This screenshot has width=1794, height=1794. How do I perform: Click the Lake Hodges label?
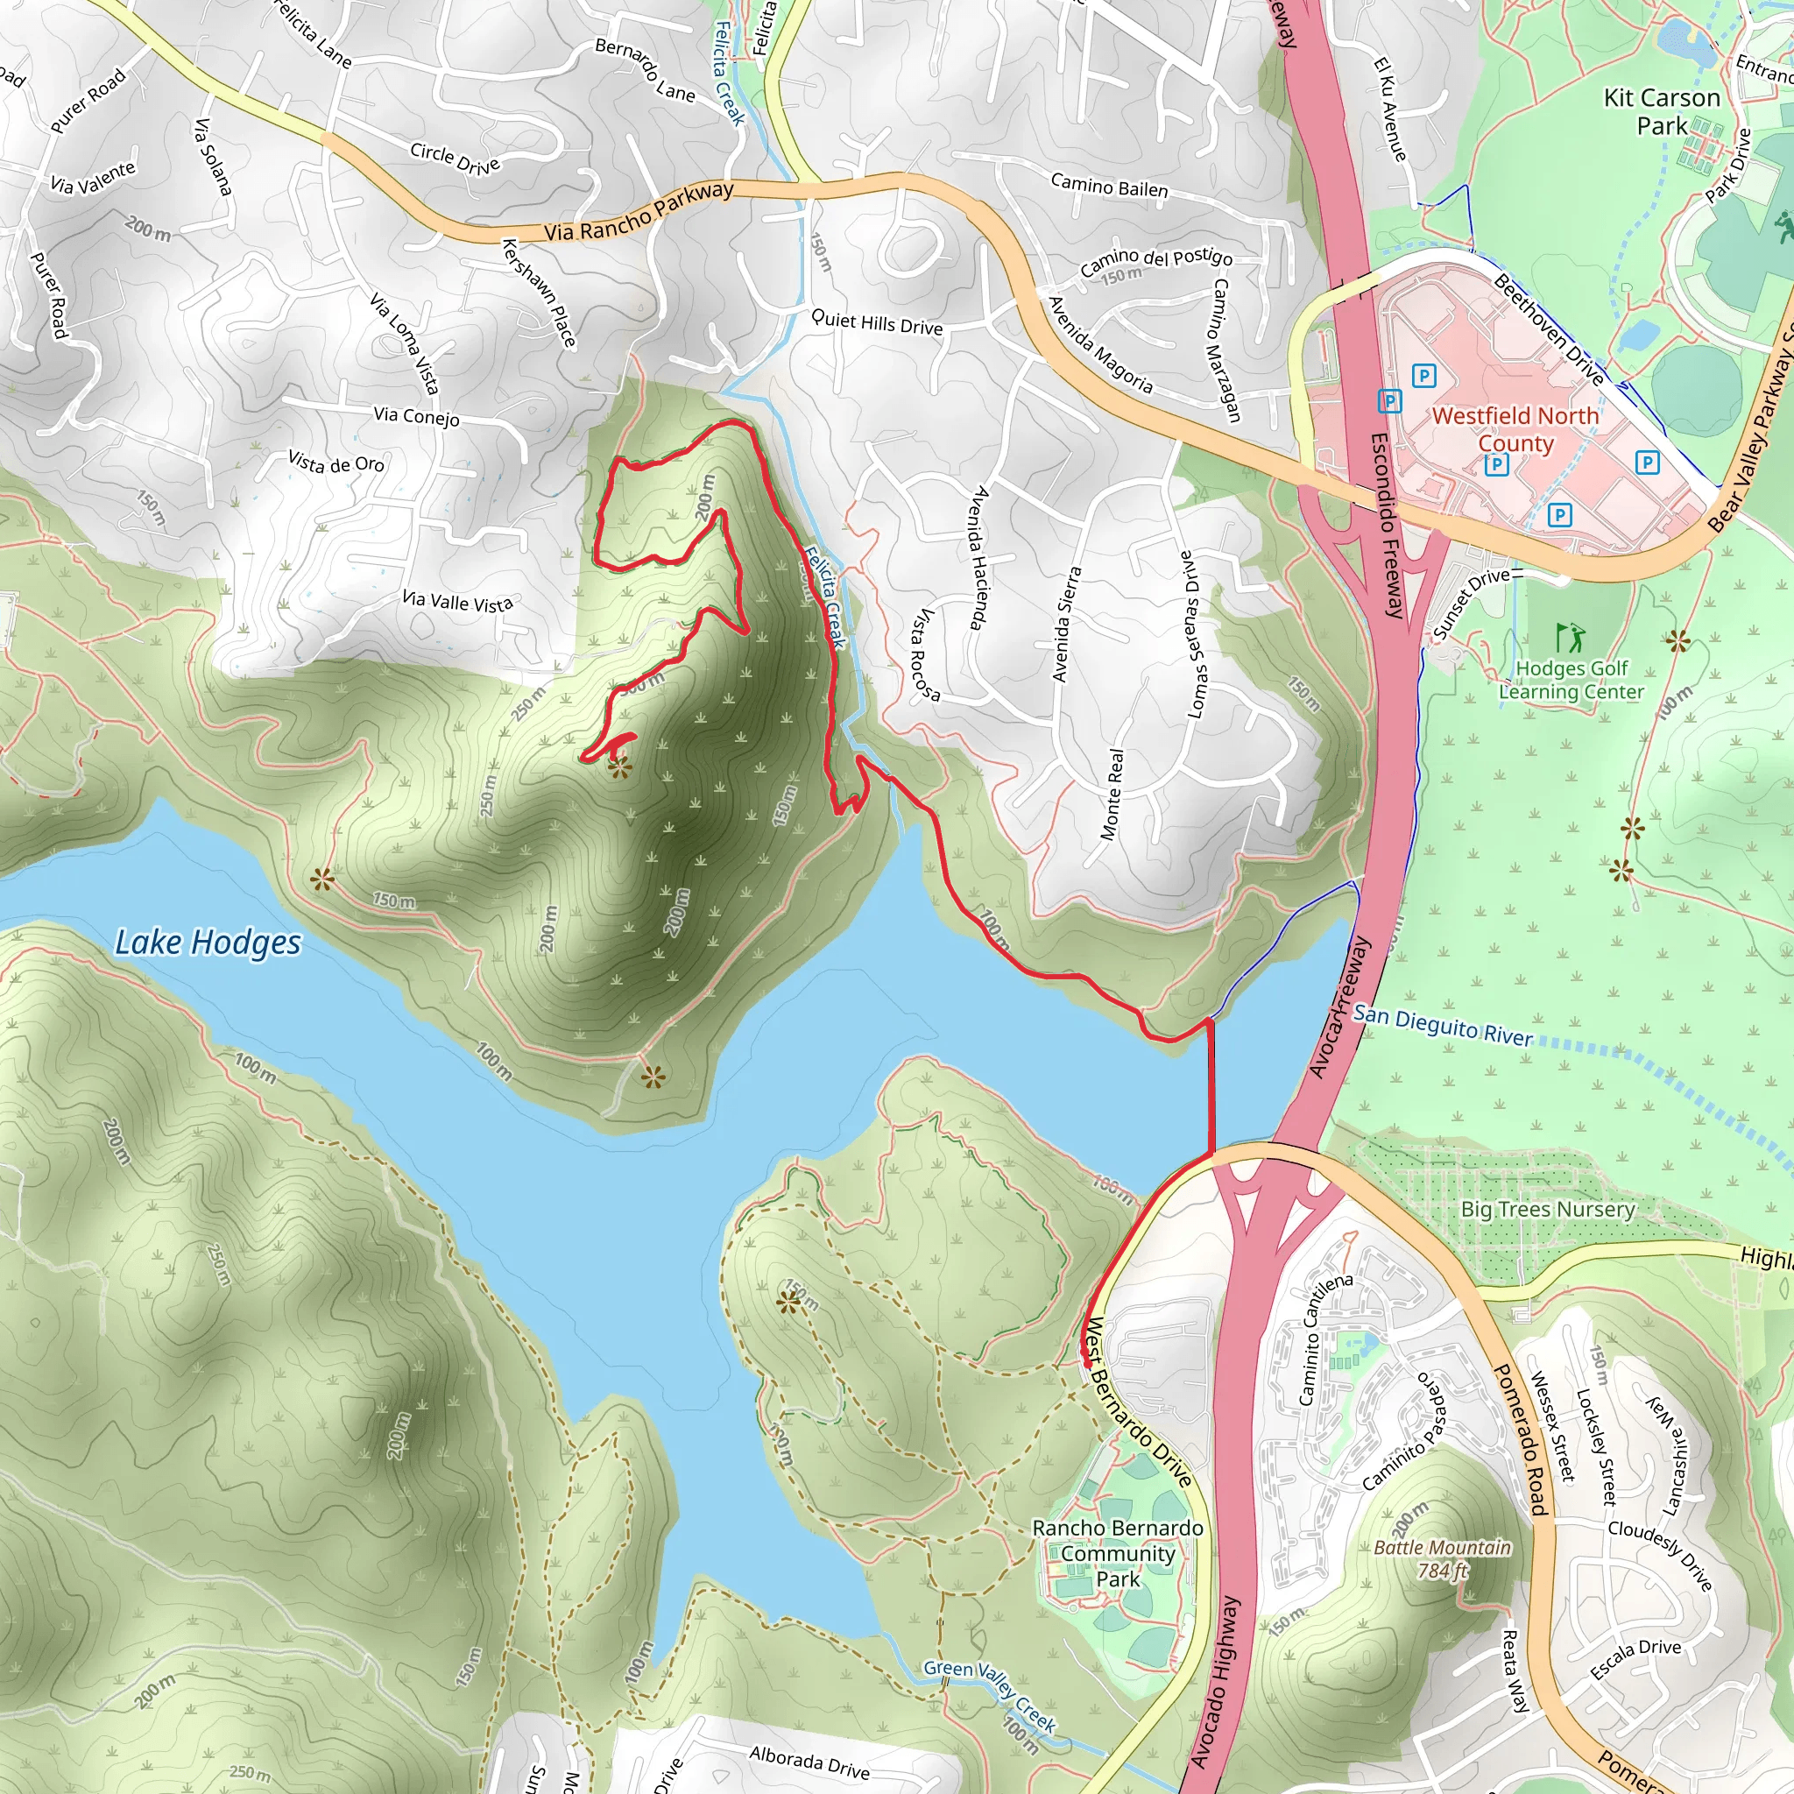[x=208, y=943]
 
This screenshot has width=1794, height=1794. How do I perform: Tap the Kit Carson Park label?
[x=1661, y=111]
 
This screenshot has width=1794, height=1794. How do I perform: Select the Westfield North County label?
[x=1515, y=429]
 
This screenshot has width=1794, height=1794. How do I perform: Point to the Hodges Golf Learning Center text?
[x=1572, y=680]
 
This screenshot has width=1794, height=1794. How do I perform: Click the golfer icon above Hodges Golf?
[x=1571, y=637]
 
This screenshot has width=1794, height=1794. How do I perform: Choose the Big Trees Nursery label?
[x=1547, y=1209]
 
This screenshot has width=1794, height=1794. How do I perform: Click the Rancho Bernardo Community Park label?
[x=1117, y=1552]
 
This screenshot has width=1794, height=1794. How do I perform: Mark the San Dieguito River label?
[x=1442, y=1025]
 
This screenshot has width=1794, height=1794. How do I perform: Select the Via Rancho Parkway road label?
[x=639, y=212]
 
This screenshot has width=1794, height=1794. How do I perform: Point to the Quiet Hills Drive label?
[x=877, y=322]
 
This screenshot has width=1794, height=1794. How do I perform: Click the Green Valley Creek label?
[x=990, y=1696]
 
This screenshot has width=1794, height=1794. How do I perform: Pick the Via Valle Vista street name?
[x=457, y=602]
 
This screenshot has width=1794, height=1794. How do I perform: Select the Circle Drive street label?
[x=455, y=159]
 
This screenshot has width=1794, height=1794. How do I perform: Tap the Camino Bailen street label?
[x=1109, y=185]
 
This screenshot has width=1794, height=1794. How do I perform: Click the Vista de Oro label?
[x=336, y=462]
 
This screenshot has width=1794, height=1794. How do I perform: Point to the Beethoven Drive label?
[x=1549, y=329]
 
